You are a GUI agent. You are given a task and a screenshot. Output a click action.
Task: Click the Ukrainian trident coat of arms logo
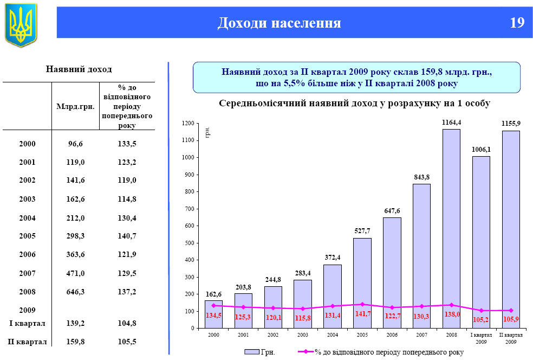21,24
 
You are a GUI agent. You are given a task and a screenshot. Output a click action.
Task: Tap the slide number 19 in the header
517,23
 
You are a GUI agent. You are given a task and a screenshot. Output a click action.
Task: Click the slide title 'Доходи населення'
279,23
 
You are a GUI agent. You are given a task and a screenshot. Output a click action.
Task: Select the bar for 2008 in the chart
451,228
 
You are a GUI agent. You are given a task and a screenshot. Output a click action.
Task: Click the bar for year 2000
214,314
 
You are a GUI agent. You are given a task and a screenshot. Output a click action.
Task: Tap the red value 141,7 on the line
362,314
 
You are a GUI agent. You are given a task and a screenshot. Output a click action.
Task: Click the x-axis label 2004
332,335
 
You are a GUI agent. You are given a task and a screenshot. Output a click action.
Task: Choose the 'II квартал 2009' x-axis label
511,338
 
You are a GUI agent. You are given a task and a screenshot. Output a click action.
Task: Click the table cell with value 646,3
76,291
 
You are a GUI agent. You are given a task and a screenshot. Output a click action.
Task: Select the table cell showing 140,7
127,236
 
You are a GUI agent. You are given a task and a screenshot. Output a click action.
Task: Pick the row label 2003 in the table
27,199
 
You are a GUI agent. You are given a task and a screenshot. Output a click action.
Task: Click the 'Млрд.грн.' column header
76,106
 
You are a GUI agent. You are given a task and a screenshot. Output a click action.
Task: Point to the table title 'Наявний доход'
79,69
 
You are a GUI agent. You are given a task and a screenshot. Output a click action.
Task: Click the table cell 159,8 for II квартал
76,342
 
